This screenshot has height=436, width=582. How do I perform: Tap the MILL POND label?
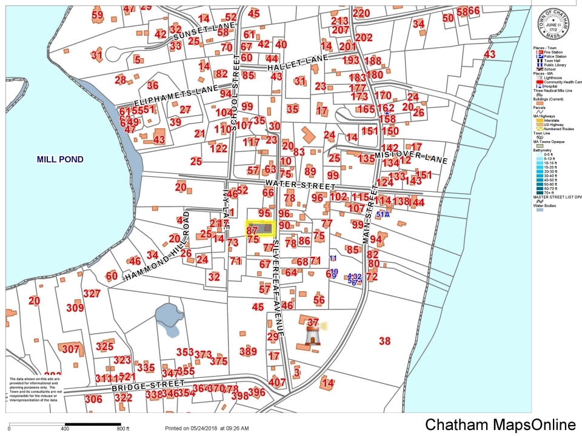[60, 160]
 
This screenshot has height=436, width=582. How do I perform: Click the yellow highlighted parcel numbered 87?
[260, 228]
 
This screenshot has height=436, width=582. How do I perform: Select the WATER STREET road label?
[299, 184]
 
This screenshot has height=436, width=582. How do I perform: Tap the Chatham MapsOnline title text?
[500, 425]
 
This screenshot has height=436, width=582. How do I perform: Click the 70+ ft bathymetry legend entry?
[549, 193]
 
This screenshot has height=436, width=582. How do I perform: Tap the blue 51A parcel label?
[383, 214]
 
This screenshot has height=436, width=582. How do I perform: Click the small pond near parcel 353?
[166, 315]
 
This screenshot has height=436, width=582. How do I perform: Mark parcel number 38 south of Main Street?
[385, 341]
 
